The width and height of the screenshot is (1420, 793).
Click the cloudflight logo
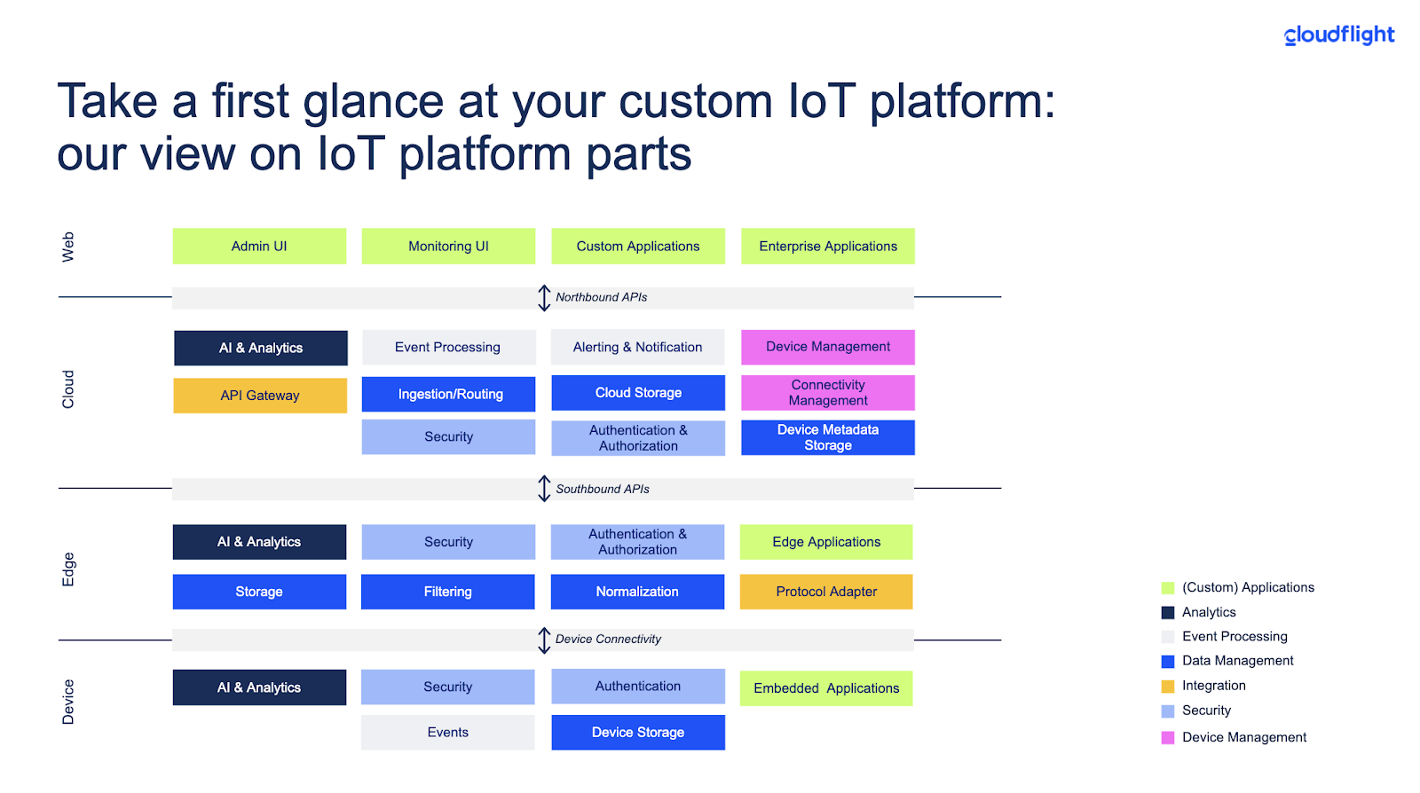[1339, 35]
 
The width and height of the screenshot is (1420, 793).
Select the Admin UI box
[259, 247]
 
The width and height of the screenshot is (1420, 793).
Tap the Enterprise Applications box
[828, 247]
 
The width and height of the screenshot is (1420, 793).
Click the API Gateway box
[260, 396]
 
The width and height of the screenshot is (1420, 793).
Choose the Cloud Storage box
[638, 393]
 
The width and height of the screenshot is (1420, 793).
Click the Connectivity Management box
[828, 393]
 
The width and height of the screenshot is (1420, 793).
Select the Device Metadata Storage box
[828, 437]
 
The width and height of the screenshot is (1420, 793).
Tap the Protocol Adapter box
[826, 592]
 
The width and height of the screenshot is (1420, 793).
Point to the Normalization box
[637, 592]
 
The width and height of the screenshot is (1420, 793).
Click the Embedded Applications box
[826, 688]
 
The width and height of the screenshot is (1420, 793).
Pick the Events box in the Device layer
[447, 733]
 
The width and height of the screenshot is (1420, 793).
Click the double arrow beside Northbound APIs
[544, 297]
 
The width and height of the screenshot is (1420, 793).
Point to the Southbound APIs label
[603, 489]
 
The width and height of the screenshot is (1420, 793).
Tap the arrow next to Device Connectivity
[544, 640]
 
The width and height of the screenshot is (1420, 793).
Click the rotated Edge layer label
[68, 569]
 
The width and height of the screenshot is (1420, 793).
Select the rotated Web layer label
[68, 247]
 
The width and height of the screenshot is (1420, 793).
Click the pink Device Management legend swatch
[1168, 737]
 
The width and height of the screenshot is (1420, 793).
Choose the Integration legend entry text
[1213, 686]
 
